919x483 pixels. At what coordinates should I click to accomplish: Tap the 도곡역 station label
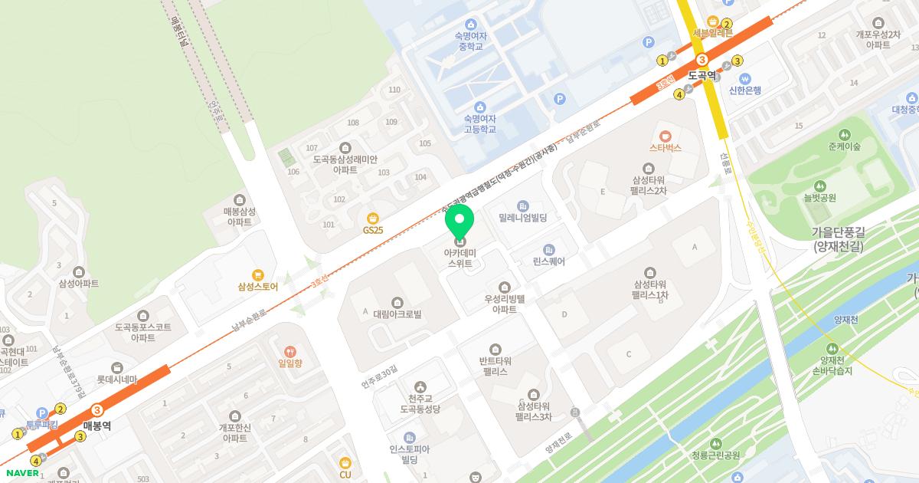pyautogui.click(x=702, y=76)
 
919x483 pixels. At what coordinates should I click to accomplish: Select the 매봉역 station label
pyautogui.click(x=97, y=426)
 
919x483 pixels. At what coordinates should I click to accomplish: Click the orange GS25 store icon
pyautogui.click(x=373, y=217)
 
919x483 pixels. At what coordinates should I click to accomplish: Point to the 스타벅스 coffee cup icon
pyautogui.click(x=665, y=135)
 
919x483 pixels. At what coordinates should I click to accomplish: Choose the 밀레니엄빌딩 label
pyautogui.click(x=523, y=219)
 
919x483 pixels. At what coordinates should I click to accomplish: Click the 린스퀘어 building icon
pyautogui.click(x=548, y=249)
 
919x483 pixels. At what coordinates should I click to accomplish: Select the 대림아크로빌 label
pyautogui.click(x=397, y=314)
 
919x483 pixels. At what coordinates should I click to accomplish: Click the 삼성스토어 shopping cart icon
pyautogui.click(x=257, y=274)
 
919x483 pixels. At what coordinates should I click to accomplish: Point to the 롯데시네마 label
pyautogui.click(x=116, y=379)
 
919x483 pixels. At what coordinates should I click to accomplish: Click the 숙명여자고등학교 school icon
pyautogui.click(x=479, y=107)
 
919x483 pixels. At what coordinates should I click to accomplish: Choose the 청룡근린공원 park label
pyautogui.click(x=715, y=455)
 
